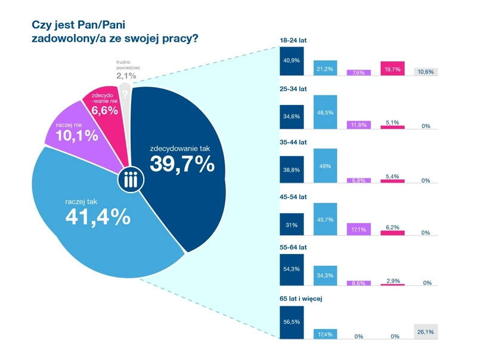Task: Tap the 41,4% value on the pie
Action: click(98, 217)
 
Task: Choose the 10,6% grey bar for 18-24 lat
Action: click(426, 72)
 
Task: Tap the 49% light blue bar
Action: click(325, 165)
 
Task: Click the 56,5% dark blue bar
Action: click(292, 322)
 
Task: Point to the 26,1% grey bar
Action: click(426, 331)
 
